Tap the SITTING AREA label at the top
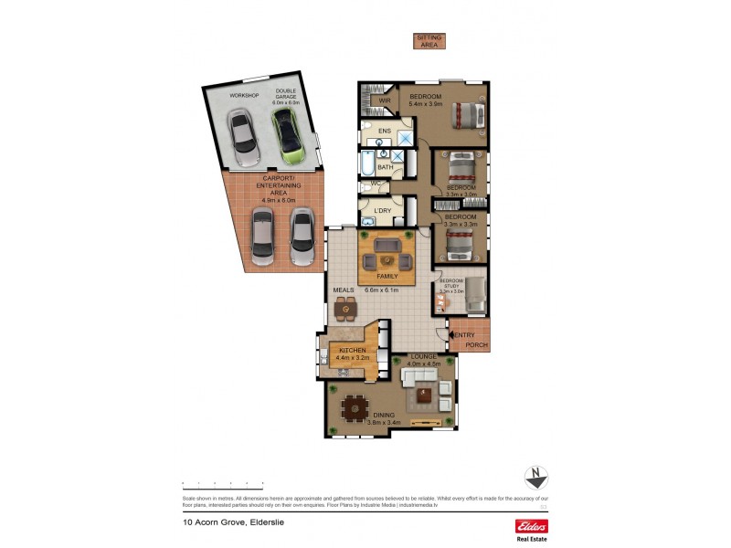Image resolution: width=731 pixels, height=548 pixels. [429, 40]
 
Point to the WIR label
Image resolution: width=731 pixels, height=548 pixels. [372, 100]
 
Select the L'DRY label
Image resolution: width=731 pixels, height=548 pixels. [382, 211]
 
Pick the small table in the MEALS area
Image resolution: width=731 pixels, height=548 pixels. [345, 311]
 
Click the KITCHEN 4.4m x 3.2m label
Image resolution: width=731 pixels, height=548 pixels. [353, 353]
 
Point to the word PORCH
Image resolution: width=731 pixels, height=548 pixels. [476, 345]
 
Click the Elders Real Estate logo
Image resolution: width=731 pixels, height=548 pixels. [532, 529]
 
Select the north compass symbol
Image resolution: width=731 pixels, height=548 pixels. [535, 477]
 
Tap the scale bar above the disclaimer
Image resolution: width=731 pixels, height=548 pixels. [222, 483]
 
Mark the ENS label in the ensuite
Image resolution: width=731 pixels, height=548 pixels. [385, 132]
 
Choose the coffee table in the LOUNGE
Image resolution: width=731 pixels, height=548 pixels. [424, 395]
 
